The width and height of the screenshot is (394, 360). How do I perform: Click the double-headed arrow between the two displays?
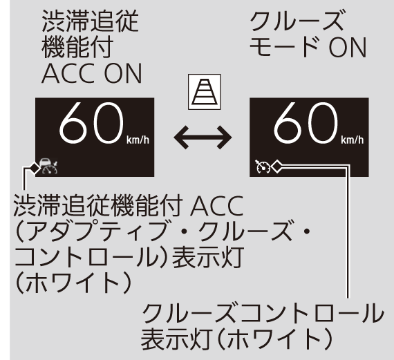pyautogui.click(x=203, y=138)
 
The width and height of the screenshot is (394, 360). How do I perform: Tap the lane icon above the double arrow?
pyautogui.click(x=205, y=92)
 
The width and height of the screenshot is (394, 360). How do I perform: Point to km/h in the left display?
pyautogui.click(x=138, y=140)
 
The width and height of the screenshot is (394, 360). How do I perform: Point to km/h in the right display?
pyautogui.click(x=352, y=140)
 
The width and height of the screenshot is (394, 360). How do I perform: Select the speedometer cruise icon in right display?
pyautogui.click(x=263, y=167)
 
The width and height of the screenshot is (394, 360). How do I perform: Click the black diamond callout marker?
pyautogui.click(x=35, y=167)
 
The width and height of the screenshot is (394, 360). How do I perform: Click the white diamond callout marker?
pyautogui.click(x=276, y=167)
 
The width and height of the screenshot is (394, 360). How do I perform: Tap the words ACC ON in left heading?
pyautogui.click(x=92, y=74)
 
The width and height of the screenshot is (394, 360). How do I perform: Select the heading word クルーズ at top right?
pyautogui.click(x=297, y=21)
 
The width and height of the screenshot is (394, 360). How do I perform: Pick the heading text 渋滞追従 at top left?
pyautogui.click(x=90, y=21)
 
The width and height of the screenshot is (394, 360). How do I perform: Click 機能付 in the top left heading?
pyautogui.click(x=77, y=47)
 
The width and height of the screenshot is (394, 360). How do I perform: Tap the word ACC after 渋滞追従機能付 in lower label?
pyautogui.click(x=217, y=206)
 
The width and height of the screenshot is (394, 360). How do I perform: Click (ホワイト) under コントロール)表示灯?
pyautogui.click(x=73, y=283)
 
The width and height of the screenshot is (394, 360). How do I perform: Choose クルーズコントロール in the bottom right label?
pyautogui.click(x=263, y=313)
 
